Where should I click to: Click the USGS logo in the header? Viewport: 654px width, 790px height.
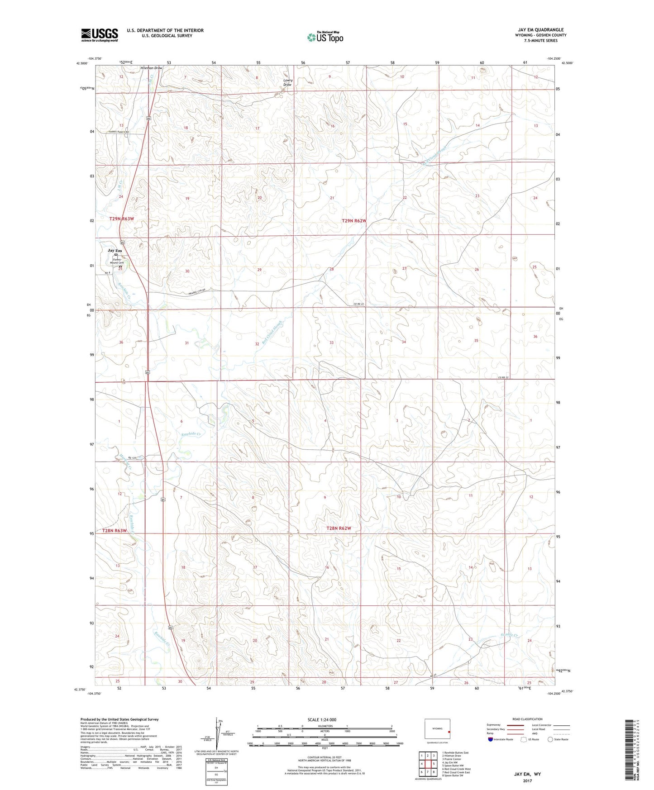[100, 35]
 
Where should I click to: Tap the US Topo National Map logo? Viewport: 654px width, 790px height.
[325, 37]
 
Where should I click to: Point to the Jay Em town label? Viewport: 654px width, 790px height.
[115, 251]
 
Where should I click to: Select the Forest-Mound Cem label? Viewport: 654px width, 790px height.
[117, 261]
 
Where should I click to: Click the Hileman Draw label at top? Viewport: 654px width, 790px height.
[151, 68]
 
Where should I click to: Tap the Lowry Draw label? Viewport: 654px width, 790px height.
[287, 82]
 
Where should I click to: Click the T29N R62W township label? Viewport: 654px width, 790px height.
[354, 221]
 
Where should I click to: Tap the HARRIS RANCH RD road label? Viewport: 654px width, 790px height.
[119, 132]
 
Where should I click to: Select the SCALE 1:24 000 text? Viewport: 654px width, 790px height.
[322, 720]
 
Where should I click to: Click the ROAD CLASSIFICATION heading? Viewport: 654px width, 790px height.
[527, 719]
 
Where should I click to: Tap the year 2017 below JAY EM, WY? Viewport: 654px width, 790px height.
[527, 780]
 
